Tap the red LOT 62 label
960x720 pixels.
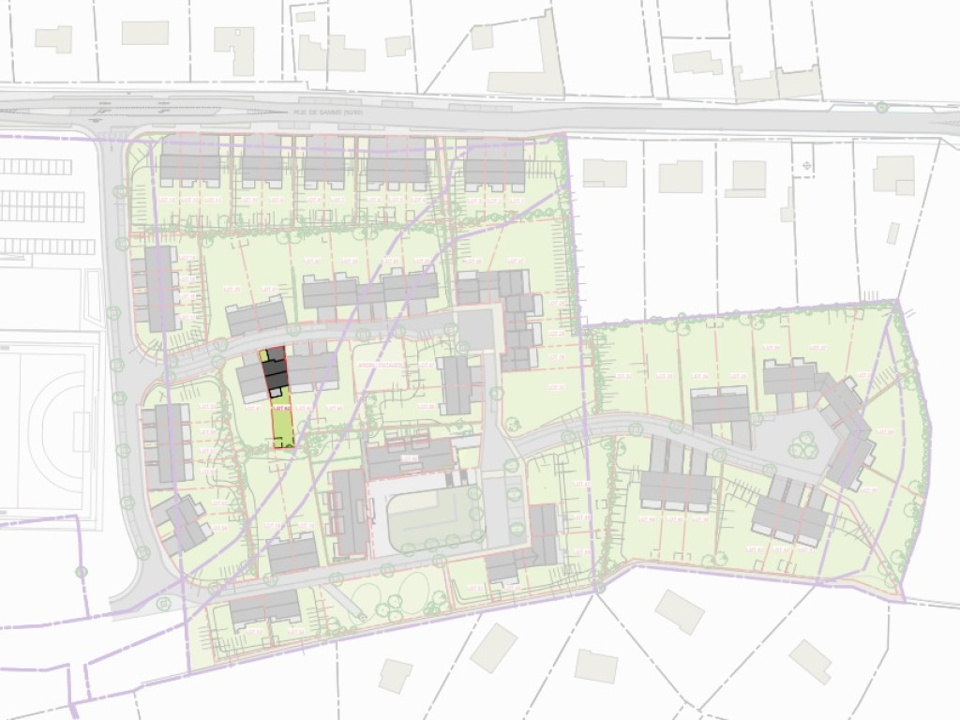click(x=278, y=410)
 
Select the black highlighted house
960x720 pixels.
click(x=274, y=372)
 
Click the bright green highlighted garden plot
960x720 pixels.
click(x=281, y=428)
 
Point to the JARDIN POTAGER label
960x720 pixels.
click(x=380, y=363)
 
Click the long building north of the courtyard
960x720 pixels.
click(x=409, y=457)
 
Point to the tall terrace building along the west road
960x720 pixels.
click(x=159, y=286)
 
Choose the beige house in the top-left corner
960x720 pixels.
click(x=53, y=39)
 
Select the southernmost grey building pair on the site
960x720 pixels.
click(x=265, y=611)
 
